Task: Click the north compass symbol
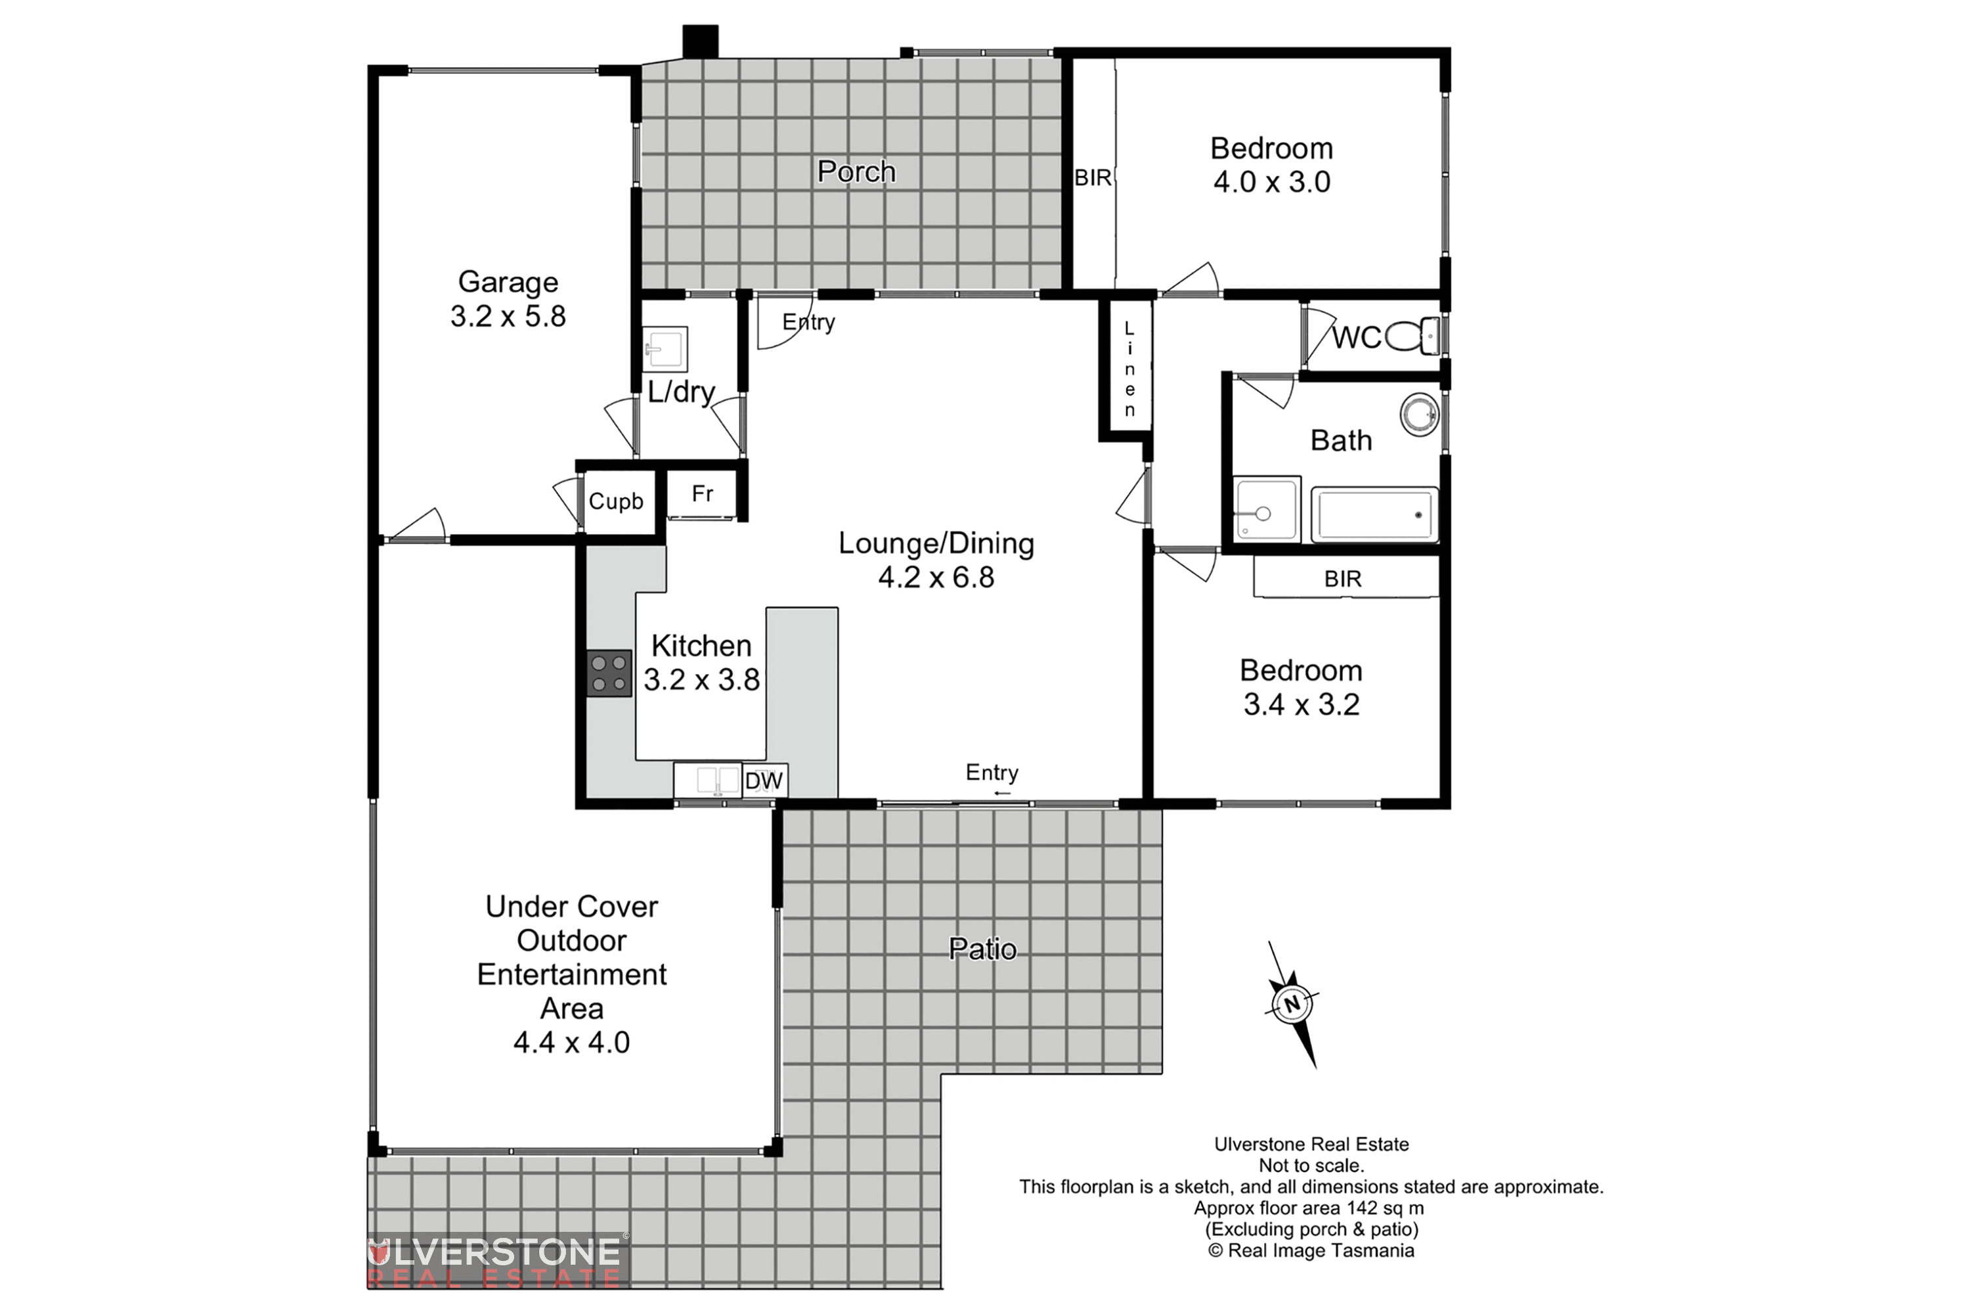click(x=1292, y=1003)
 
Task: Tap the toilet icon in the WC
click(x=1414, y=337)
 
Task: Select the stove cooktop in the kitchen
click(x=609, y=674)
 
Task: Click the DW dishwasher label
click(x=764, y=781)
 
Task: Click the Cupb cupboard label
click(x=616, y=501)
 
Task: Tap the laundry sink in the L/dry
click(x=665, y=349)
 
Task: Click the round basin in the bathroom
click(x=1420, y=414)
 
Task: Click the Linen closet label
click(x=1129, y=369)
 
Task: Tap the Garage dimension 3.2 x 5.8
click(x=508, y=317)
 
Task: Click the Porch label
click(x=856, y=171)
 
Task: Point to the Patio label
click(x=982, y=949)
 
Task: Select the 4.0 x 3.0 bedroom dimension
click(x=1271, y=182)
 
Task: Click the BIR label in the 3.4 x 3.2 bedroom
click(x=1343, y=579)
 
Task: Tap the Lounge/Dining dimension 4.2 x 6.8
click(x=936, y=578)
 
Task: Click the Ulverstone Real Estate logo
click(x=496, y=1260)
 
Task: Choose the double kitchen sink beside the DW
click(x=708, y=781)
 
